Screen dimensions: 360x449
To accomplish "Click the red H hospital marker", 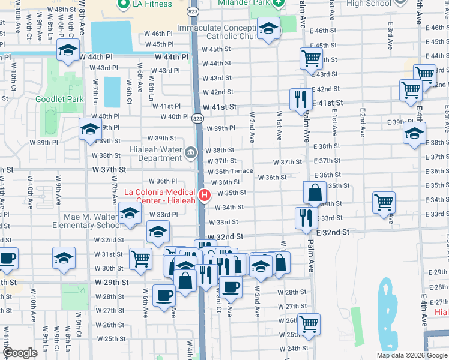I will (x=205, y=195).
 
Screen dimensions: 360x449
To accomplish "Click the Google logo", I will (x=20, y=353).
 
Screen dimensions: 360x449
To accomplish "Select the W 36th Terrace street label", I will (x=230, y=172).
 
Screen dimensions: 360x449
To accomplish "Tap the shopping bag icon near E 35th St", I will (x=315, y=192).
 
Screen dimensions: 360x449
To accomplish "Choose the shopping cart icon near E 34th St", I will (x=384, y=202).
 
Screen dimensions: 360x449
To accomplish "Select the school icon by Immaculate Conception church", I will (x=268, y=28).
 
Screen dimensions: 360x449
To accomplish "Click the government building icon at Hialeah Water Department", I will (x=190, y=152).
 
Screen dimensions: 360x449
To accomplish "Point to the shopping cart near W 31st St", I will (x=140, y=258).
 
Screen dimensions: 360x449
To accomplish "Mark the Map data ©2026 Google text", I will (x=411, y=355).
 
